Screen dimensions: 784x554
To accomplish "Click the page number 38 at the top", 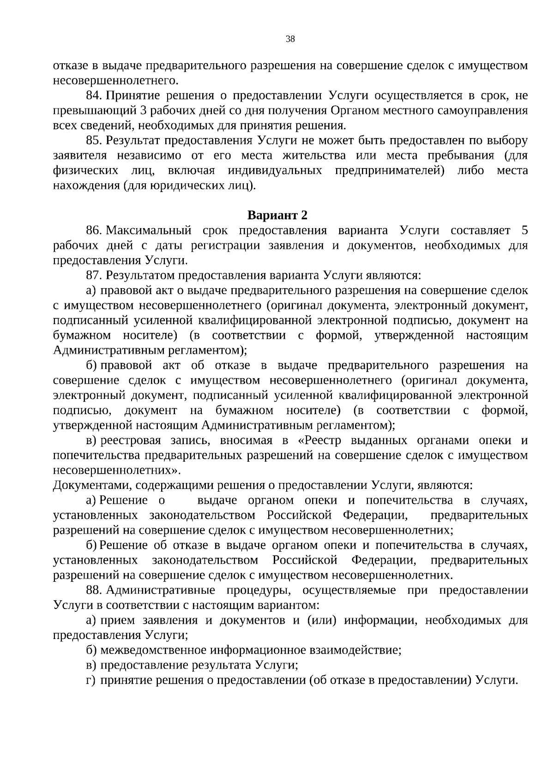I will pyautogui.click(x=290, y=39).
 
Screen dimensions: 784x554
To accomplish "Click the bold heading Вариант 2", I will pyautogui.click(x=277, y=216).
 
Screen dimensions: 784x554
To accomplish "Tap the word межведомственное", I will pyautogui.click(x=153, y=651).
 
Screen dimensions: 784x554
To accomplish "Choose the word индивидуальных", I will pyautogui.click(x=275, y=171).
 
